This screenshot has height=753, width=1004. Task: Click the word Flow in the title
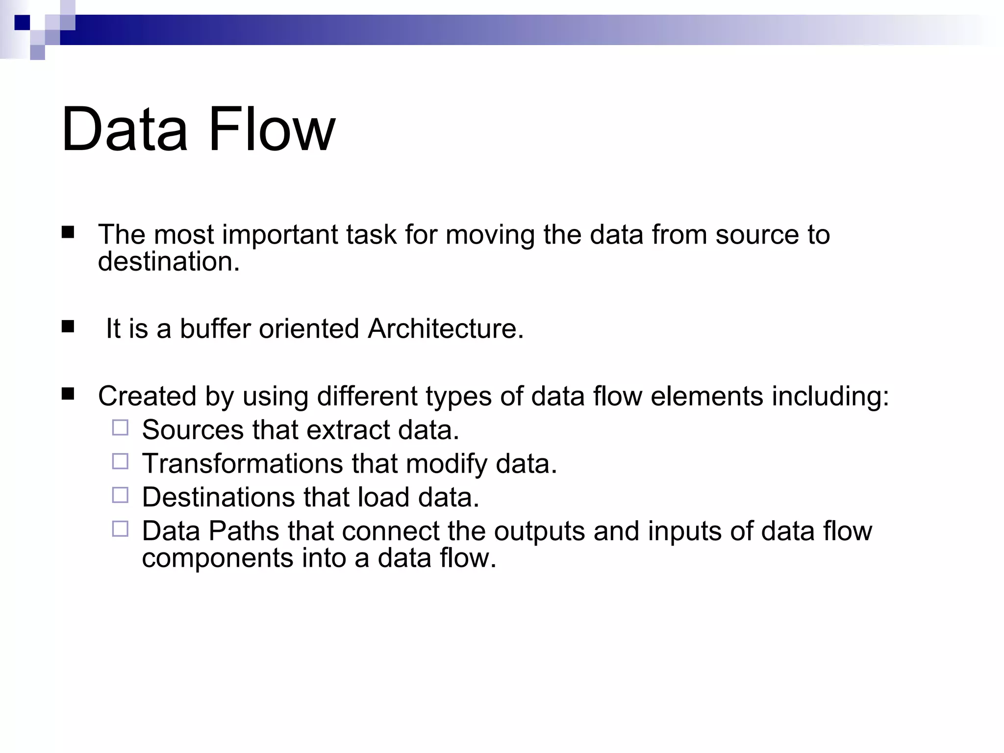point(272,129)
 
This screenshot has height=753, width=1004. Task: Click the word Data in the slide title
point(125,129)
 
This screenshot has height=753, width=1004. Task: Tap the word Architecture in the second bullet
point(445,328)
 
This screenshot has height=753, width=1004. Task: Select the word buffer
point(215,328)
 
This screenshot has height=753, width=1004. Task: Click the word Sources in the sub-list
point(193,430)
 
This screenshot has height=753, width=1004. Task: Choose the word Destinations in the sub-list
point(218,497)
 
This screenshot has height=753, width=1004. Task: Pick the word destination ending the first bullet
point(169,262)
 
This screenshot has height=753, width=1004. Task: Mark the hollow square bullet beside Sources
point(120,428)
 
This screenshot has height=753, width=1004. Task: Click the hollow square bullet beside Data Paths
point(120,529)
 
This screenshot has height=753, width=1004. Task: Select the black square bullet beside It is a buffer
point(68,326)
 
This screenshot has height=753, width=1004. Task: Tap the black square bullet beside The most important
point(68,232)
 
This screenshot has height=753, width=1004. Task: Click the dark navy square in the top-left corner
point(22,23)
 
